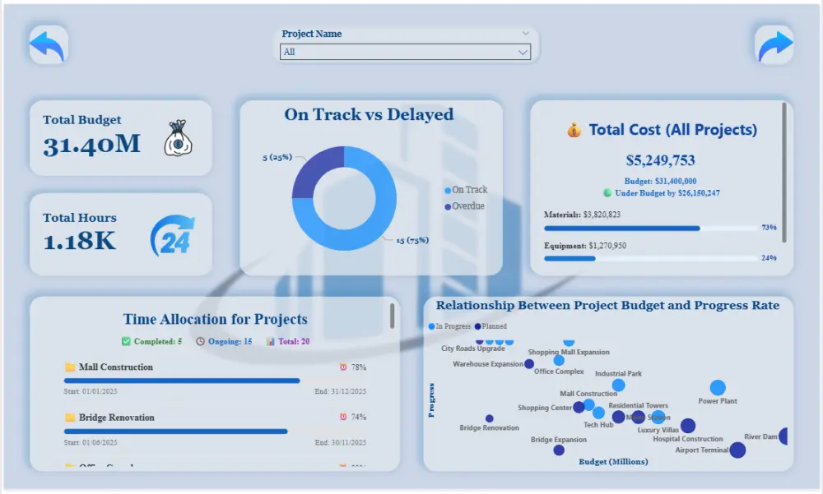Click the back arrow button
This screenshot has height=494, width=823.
48,44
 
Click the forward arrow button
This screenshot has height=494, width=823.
774,44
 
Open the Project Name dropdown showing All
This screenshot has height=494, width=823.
405,52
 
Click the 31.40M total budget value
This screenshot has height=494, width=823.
92,144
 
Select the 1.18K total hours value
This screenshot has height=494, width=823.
80,241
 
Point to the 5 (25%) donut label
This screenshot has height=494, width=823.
277,157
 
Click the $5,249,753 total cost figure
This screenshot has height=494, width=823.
661,160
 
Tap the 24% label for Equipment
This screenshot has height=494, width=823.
769,257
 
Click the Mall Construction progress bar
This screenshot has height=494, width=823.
182,381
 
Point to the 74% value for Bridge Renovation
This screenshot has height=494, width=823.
358,417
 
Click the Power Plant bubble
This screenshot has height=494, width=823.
718,387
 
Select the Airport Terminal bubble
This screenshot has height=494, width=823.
737,450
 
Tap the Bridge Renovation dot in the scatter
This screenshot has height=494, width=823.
490,418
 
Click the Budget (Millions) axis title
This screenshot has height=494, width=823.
613,461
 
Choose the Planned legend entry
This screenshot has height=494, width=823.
491,326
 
